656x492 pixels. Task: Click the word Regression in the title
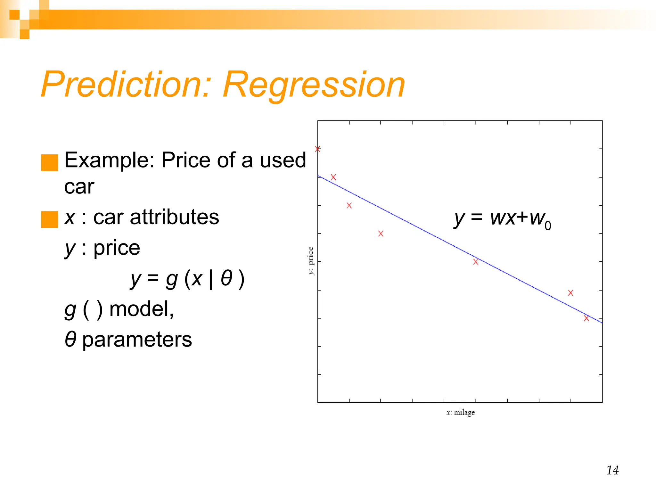tap(314, 85)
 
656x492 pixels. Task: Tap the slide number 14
tap(612, 470)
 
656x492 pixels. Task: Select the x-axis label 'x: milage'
tap(460, 413)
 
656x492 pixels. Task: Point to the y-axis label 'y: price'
tap(311, 261)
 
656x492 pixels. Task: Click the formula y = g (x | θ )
tap(187, 279)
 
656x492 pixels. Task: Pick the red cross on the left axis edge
tap(318, 149)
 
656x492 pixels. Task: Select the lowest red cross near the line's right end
tap(586, 318)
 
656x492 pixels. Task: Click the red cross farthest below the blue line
tap(381, 234)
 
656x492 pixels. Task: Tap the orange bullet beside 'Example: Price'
tap(50, 163)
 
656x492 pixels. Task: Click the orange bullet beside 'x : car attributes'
tap(50, 219)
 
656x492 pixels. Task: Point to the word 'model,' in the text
tap(141, 309)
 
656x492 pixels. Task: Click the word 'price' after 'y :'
tap(117, 248)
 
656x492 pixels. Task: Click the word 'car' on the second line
tap(79, 187)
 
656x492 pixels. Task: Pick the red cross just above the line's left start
tap(333, 177)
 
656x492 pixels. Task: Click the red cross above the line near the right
tap(570, 293)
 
